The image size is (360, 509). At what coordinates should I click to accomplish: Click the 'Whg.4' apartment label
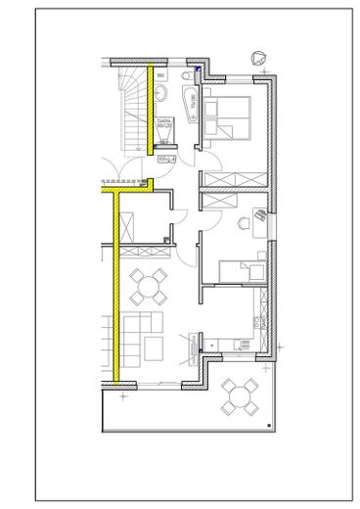[167, 158]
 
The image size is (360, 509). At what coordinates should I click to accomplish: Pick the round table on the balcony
[239, 397]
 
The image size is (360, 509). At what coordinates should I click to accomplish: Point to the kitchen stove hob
[234, 342]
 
